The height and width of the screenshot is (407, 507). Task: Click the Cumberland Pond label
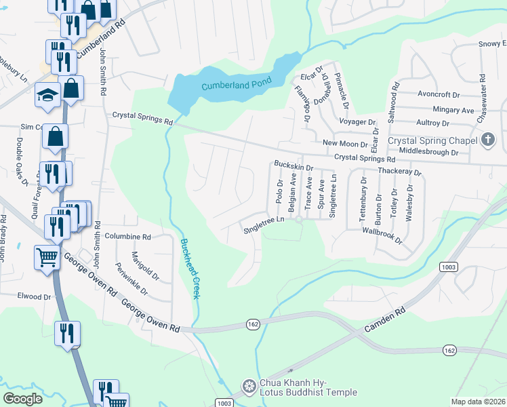pos(236,84)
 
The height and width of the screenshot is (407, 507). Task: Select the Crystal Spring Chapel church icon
pos(487,140)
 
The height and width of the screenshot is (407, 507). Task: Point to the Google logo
pos(22,399)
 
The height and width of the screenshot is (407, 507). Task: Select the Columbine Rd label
pos(127,237)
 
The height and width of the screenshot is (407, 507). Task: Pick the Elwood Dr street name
pos(34,296)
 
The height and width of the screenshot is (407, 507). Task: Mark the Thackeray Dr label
pos(399,172)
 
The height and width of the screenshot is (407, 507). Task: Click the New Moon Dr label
pos(344,144)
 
